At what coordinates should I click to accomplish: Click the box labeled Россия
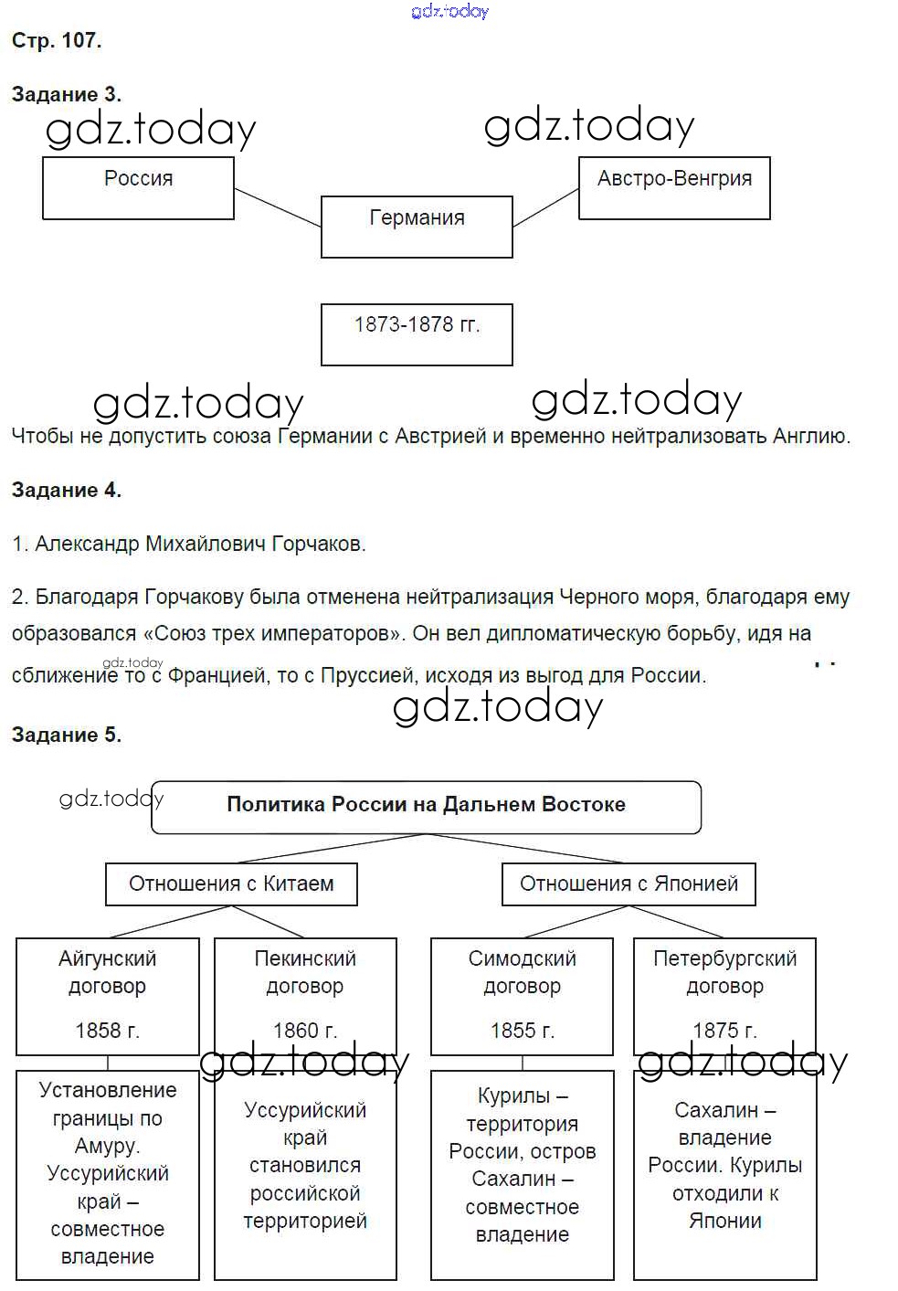[x=138, y=188]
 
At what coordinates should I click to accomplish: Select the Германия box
[x=417, y=226]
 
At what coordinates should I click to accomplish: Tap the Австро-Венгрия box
[x=674, y=188]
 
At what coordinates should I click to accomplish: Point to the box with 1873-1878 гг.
[x=417, y=334]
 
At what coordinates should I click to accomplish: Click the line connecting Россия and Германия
[x=278, y=207]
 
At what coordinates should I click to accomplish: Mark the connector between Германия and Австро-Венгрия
[x=545, y=207]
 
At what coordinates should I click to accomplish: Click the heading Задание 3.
[x=66, y=94]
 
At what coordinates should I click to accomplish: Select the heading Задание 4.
[x=66, y=490]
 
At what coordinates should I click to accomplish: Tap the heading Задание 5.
[x=66, y=735]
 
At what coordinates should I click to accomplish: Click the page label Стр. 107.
[x=57, y=40]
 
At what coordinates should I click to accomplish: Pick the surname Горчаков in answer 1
[x=318, y=544]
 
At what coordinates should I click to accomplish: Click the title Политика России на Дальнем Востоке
[x=426, y=805]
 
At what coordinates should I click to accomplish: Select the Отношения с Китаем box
[x=231, y=884]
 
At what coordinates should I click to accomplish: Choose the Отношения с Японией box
[x=629, y=884]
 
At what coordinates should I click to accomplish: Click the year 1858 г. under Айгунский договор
[x=107, y=1031]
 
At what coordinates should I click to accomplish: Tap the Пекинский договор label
[x=305, y=972]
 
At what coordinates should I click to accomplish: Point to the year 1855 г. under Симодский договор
[x=522, y=1031]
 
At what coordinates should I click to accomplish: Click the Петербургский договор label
[x=724, y=972]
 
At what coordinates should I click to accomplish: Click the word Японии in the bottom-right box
[x=724, y=1221]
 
